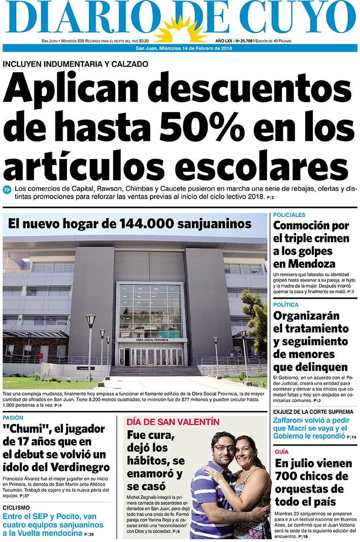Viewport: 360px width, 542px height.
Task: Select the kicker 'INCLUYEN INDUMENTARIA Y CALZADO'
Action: [x=76, y=64]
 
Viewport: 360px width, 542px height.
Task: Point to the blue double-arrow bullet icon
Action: [x=7, y=190]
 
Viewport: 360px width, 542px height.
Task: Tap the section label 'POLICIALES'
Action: [x=289, y=215]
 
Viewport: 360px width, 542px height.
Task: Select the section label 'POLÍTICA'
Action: [x=286, y=305]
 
